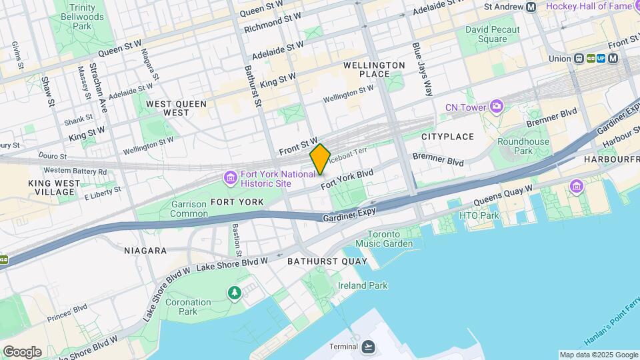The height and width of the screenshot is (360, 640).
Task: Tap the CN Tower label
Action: click(x=467, y=107)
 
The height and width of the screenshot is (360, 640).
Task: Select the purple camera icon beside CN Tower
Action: click(x=497, y=106)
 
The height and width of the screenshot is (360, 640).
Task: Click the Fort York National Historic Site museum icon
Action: click(x=230, y=178)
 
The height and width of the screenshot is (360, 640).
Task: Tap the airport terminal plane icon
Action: click(x=369, y=347)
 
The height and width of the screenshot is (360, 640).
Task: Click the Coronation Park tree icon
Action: click(x=234, y=292)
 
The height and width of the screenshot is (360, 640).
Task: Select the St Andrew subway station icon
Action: click(x=531, y=7)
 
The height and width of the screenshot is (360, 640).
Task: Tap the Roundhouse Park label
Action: click(x=523, y=146)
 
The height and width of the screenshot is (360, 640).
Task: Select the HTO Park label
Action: click(x=479, y=215)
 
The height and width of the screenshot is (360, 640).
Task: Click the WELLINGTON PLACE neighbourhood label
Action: click(x=374, y=69)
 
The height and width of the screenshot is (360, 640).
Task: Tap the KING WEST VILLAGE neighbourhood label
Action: click(x=52, y=187)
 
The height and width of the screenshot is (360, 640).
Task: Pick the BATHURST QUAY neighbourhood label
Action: click(x=327, y=261)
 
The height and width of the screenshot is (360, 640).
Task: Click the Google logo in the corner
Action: click(x=23, y=351)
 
